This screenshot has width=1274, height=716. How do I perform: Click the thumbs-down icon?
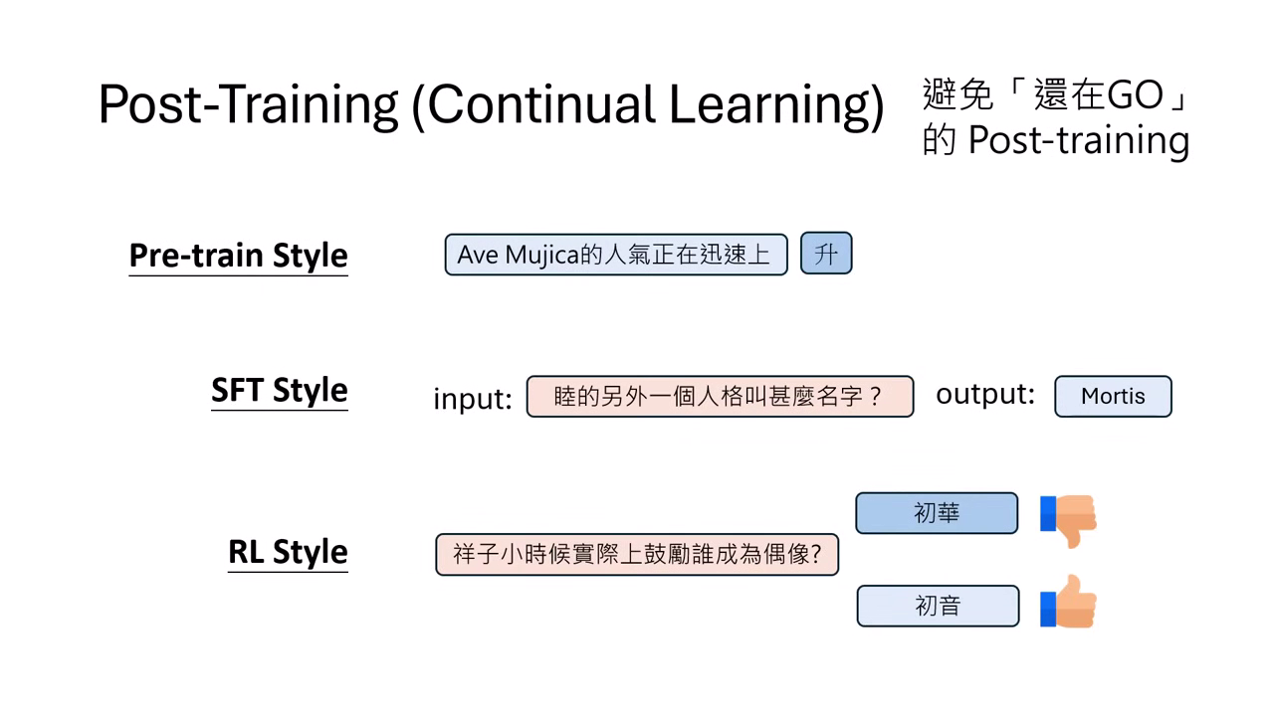[x=1068, y=520]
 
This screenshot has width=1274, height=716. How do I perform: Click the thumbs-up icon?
[x=1068, y=602]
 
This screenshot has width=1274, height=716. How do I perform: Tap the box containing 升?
[x=826, y=254]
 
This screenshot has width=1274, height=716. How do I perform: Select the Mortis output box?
[x=1113, y=396]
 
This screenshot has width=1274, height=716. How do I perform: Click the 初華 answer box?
[x=937, y=513]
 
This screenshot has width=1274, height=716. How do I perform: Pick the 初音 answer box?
[x=938, y=606]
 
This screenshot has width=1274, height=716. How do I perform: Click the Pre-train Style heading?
[x=238, y=256]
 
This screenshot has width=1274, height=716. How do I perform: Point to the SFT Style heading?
[x=280, y=390]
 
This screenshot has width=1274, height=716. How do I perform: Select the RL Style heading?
[x=288, y=552]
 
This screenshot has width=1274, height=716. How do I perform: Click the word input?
[x=473, y=398]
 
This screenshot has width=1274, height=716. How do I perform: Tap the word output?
[x=985, y=395]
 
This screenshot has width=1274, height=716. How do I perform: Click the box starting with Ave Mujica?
[x=616, y=254]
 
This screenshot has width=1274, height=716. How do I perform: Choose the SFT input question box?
[x=720, y=396]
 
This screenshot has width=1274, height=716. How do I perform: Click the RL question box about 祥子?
[x=637, y=554]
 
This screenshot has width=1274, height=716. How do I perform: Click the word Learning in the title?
[x=775, y=105]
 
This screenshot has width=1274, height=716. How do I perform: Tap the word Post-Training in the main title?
[x=248, y=104]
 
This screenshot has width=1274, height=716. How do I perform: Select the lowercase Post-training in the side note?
[x=1078, y=140]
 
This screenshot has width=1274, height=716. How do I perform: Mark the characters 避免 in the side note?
[x=957, y=94]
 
